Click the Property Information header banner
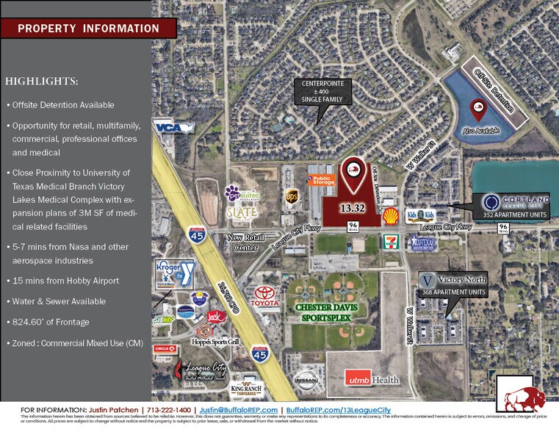point(88,29)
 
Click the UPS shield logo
point(291,197)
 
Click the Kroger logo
point(170,270)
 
